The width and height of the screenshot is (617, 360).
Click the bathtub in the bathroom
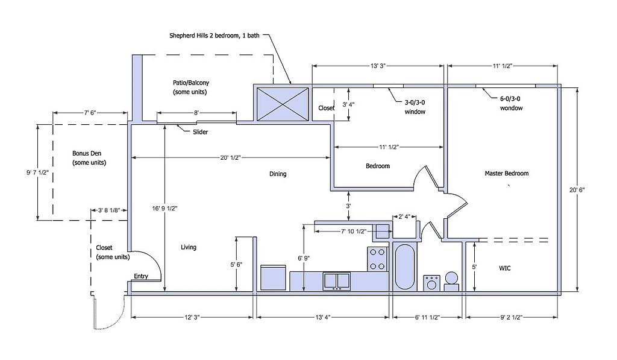[404, 267]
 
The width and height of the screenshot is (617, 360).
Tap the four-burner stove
[377, 259]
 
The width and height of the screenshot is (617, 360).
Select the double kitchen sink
[337, 281]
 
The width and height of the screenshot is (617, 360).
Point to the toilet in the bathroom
[451, 281]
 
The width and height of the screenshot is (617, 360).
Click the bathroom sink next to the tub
[432, 283]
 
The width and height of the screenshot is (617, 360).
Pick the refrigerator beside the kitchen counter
[273, 278]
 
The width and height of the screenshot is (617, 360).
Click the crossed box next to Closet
[283, 104]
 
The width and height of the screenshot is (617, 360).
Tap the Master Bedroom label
[506, 173]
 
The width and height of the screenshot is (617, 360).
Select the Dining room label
[278, 174]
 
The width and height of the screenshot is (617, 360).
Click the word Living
[189, 247]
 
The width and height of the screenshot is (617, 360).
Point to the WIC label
[505, 268]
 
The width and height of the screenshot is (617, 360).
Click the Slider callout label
[200, 132]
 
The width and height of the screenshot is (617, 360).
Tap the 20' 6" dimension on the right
[577, 189]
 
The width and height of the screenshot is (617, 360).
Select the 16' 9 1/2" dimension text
[165, 209]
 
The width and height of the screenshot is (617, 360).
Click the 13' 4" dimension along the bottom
[322, 317]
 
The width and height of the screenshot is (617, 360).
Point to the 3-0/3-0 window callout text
[415, 107]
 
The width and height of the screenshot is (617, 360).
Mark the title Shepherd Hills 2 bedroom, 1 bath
[215, 36]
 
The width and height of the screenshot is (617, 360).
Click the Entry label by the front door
[141, 276]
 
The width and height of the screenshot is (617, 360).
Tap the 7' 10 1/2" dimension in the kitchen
[353, 231]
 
